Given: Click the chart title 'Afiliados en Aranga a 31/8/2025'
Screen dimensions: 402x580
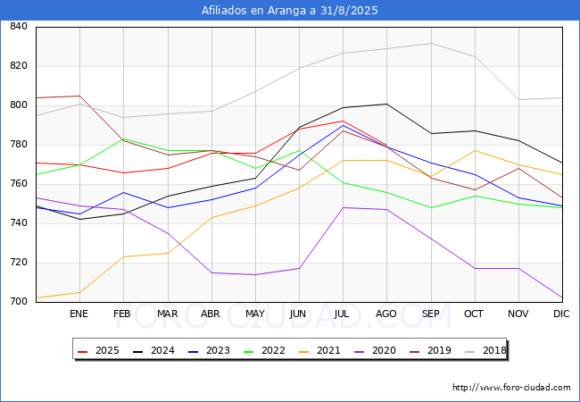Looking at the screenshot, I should tap(290, 11).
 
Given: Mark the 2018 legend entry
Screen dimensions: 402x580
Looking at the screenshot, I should tap(483, 351).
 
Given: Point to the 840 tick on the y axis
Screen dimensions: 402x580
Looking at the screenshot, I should tap(18, 27).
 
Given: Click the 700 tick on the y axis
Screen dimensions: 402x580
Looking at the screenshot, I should tap(18, 302).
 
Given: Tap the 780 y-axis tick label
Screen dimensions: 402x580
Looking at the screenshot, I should tap(18, 145).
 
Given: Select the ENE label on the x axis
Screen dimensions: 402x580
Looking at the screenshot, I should tap(79, 314).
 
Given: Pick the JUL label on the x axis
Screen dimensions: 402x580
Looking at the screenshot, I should tap(343, 314).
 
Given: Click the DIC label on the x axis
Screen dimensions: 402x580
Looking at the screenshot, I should tap(561, 314).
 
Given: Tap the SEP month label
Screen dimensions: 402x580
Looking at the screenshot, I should tap(430, 314).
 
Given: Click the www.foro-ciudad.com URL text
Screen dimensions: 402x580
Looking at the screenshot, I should tap(511, 388).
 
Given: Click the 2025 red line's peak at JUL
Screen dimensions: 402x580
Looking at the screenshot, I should tap(343, 121).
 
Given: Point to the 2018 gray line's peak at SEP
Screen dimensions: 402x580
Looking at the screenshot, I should tap(430, 43).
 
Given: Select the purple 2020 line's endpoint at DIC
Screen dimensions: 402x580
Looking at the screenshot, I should tap(562, 297).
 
